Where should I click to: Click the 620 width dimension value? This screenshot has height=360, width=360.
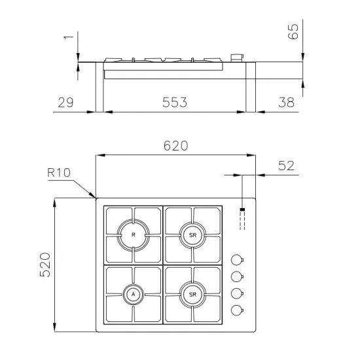175,146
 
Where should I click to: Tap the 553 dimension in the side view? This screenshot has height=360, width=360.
175,102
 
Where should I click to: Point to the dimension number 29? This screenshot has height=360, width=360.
65,102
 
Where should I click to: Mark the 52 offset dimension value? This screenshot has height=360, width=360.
287,166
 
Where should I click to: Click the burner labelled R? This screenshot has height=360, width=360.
134,234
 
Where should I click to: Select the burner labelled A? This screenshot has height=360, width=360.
134,295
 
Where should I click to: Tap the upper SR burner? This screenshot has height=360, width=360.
192,234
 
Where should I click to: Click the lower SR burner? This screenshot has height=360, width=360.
192,295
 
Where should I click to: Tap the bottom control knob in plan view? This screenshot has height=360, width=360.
237,310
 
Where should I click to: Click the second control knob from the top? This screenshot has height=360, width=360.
237,276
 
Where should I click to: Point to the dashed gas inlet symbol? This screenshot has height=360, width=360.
242,219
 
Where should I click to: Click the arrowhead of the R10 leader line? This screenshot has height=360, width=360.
95,196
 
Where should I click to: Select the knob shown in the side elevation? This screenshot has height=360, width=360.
238,58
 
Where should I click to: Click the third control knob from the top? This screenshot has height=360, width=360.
237,293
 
